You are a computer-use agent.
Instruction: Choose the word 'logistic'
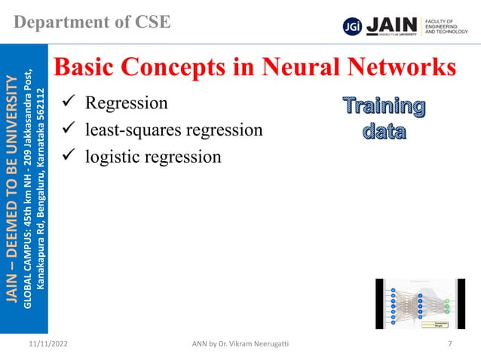(112, 157)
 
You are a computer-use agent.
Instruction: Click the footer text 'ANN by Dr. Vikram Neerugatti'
(240, 344)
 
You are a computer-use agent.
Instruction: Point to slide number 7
(449, 344)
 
